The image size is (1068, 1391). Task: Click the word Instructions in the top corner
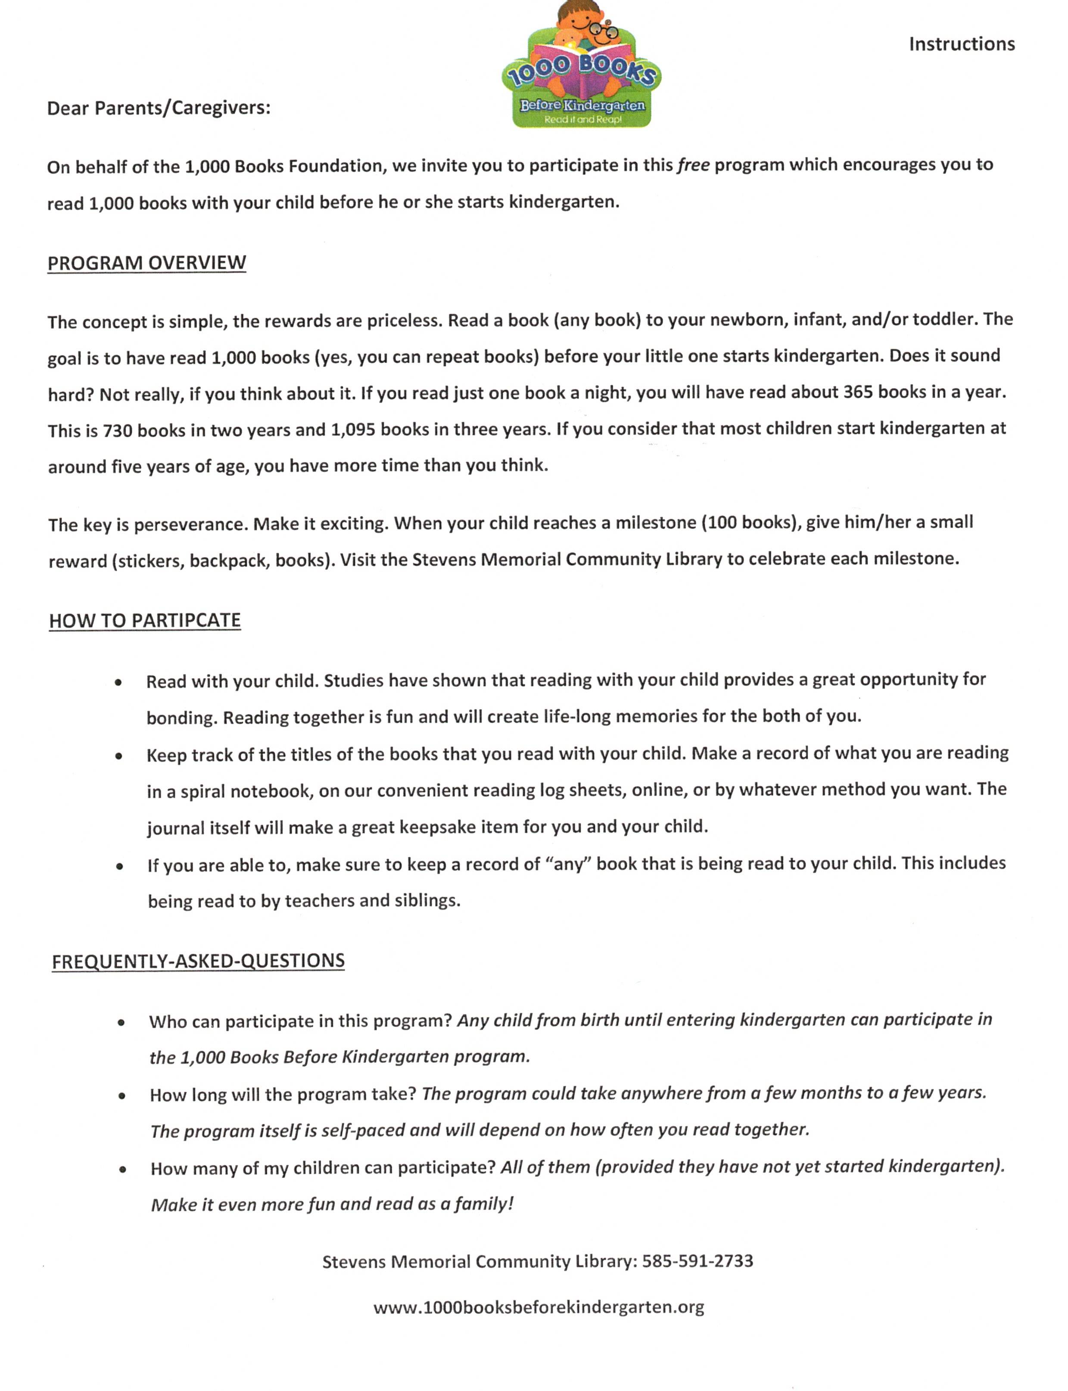pos(961,44)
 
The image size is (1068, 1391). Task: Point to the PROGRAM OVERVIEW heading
pos(147,262)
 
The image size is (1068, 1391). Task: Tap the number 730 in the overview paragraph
pos(118,431)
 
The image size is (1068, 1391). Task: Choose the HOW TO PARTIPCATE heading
pos(145,620)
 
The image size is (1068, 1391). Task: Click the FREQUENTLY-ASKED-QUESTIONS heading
pos(198,961)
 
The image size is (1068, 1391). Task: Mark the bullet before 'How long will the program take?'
pos(121,1096)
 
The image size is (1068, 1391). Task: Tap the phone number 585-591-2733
pos(697,1261)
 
